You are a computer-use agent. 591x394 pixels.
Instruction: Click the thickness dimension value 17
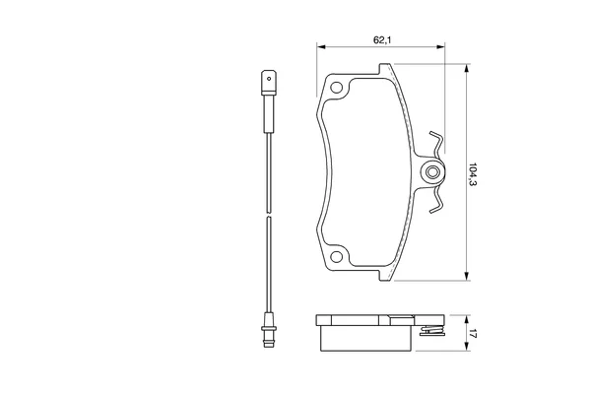[x=473, y=334]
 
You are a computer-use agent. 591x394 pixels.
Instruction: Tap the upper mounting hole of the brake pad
[x=336, y=88]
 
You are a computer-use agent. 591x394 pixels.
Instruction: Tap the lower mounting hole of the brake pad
[x=336, y=257]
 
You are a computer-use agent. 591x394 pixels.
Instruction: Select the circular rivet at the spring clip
[x=432, y=172]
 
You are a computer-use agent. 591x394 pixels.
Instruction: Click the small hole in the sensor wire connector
[x=269, y=79]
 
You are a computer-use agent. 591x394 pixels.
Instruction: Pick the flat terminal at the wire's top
[x=269, y=82]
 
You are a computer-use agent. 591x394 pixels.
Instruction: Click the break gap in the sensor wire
[x=269, y=215]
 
